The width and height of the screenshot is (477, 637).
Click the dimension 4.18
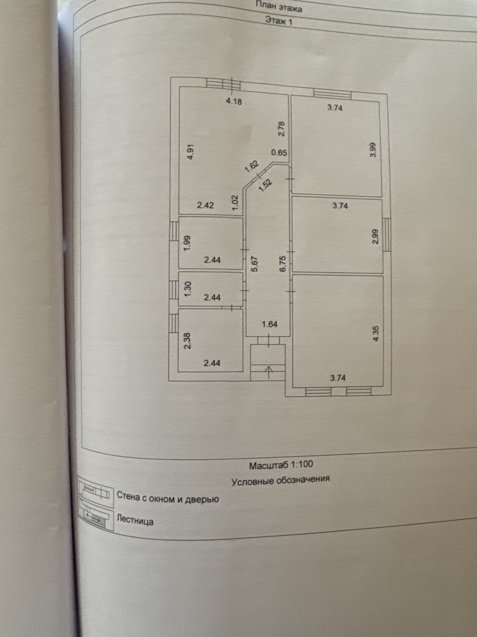234,101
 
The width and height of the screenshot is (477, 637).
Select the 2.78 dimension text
281,129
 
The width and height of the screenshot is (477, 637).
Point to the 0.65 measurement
279,152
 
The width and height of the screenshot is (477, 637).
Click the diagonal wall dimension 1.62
252,166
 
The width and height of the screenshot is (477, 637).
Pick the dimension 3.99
373,150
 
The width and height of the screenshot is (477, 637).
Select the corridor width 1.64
270,324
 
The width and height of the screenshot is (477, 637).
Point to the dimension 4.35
376,334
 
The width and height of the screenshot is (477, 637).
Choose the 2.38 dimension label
187,341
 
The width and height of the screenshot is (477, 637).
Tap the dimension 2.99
375,237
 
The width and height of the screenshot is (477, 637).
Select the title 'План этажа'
279,7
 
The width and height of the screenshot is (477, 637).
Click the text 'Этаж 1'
279,21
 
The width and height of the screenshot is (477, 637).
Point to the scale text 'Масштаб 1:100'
281,464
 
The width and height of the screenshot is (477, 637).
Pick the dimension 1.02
236,203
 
